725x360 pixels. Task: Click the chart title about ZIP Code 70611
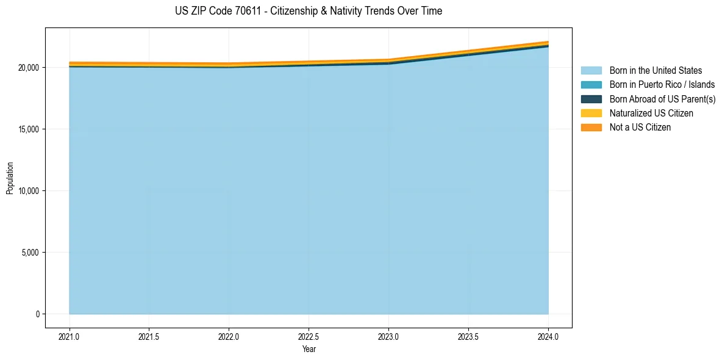pos(308,11)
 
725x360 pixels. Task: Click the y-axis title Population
pos(10,178)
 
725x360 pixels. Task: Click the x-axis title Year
pos(309,349)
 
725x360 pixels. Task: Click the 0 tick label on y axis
pos(37,314)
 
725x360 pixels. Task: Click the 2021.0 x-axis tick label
pos(70,336)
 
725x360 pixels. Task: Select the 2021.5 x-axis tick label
pos(149,336)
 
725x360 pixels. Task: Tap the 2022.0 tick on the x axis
pos(229,336)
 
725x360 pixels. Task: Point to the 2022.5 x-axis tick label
pos(309,336)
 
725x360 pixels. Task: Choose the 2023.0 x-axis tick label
pos(388,336)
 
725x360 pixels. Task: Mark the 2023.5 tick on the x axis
pos(468,336)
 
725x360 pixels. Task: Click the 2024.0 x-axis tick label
pos(548,336)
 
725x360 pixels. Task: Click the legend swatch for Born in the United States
pos(591,71)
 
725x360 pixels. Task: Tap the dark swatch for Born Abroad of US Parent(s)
pos(591,99)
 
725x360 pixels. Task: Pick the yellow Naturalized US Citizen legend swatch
pos(591,113)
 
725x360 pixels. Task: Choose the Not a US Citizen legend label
pos(640,128)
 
